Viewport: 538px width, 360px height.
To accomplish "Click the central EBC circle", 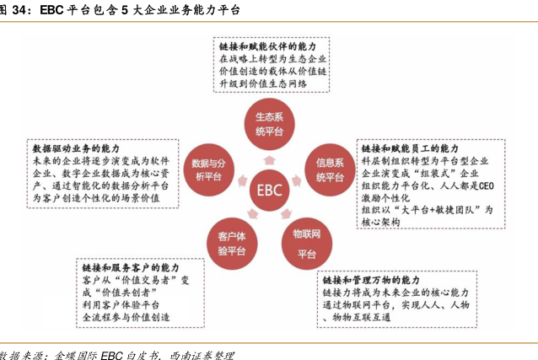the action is (269, 190).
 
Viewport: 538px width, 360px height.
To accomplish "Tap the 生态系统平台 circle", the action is (269, 124).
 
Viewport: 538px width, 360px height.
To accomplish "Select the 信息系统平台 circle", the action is (330, 169).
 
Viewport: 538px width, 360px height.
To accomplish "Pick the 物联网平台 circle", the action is (307, 244).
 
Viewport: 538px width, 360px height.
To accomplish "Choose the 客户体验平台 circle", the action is (232, 244).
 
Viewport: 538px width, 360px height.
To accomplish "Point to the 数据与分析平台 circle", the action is (208, 169).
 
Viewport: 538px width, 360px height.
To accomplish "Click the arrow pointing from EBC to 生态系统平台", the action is (269, 160).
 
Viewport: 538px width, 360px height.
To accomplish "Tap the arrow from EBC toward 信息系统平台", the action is (297, 181).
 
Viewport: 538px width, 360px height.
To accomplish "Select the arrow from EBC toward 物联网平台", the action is (286, 213).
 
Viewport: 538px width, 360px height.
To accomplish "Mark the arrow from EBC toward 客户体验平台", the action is (253, 213).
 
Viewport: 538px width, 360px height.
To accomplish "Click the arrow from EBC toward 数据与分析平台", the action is (243, 181).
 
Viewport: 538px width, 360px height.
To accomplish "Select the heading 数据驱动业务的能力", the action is (76, 148).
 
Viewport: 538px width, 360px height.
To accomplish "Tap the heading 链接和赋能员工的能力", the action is (410, 148).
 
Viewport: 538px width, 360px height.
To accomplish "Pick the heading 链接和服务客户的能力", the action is (131, 268).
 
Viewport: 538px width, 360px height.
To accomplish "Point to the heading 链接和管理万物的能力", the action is (371, 280).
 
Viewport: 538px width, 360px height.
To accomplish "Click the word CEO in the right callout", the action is (486, 186).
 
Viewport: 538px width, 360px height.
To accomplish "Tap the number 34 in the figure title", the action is (19, 10).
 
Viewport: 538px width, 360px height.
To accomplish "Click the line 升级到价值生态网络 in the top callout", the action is (263, 83).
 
